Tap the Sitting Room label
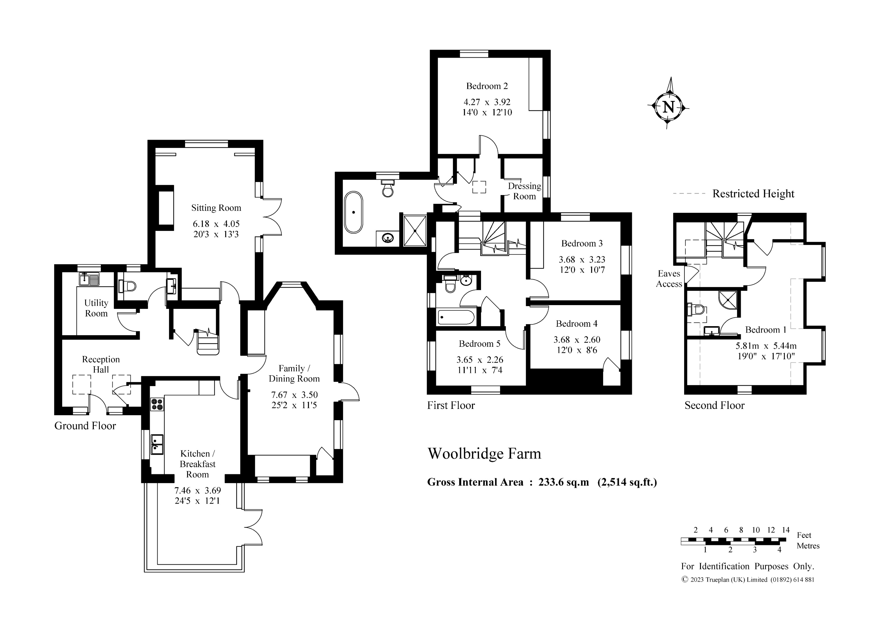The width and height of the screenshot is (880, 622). (216, 208)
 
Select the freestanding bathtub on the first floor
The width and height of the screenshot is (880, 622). (353, 212)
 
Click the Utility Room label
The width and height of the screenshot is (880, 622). (96, 308)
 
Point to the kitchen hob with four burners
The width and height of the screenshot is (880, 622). (157, 404)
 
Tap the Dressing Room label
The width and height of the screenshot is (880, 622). (524, 191)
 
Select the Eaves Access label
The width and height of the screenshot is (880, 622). (669, 279)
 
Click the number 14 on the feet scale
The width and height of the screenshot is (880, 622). (786, 530)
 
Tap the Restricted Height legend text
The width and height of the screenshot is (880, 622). (753, 194)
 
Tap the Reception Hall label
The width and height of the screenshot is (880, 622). (101, 364)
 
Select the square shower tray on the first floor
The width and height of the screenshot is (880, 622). (415, 230)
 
